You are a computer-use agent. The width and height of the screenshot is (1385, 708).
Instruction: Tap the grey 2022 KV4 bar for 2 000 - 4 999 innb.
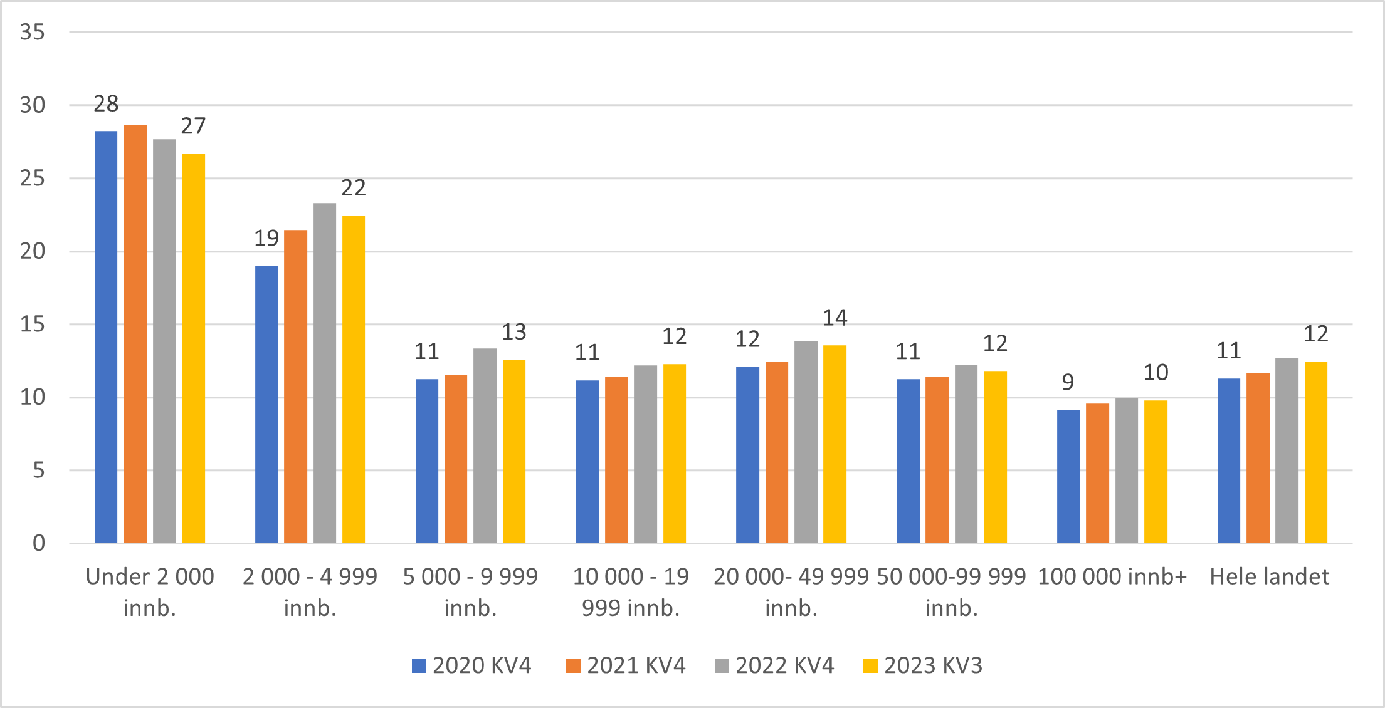pyautogui.click(x=325, y=373)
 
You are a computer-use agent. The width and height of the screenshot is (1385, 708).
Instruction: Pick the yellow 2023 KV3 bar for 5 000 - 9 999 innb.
pyautogui.click(x=514, y=451)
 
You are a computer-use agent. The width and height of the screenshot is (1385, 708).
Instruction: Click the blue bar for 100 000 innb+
pyautogui.click(x=1068, y=476)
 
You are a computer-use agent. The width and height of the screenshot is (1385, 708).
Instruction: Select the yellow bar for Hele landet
pyautogui.click(x=1316, y=452)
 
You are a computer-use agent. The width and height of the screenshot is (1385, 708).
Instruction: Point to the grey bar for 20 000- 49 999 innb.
pyautogui.click(x=806, y=442)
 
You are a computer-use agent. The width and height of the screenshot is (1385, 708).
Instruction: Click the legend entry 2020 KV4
pyautogui.click(x=471, y=665)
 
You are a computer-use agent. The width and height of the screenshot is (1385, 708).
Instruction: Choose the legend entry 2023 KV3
pyautogui.click(x=923, y=665)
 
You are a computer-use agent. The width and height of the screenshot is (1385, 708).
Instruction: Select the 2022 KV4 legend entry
pyautogui.click(x=775, y=665)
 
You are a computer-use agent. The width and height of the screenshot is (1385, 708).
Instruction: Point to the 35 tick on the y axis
pyautogui.click(x=33, y=32)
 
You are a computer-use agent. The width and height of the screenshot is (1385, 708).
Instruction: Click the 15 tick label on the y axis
pyautogui.click(x=33, y=325)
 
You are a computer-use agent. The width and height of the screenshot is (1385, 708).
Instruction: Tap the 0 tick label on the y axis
pyautogui.click(x=39, y=543)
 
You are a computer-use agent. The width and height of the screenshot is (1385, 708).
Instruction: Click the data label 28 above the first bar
pyautogui.click(x=106, y=104)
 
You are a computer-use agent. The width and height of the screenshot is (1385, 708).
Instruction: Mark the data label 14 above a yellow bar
pyautogui.click(x=835, y=318)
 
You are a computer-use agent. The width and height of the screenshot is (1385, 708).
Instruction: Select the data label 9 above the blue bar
pyautogui.click(x=1068, y=382)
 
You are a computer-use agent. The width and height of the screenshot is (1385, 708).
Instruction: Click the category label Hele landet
pyautogui.click(x=1269, y=576)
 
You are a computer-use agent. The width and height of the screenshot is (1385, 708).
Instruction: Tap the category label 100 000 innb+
pyautogui.click(x=1112, y=576)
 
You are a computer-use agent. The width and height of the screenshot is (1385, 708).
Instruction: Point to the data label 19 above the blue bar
pyautogui.click(x=266, y=239)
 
